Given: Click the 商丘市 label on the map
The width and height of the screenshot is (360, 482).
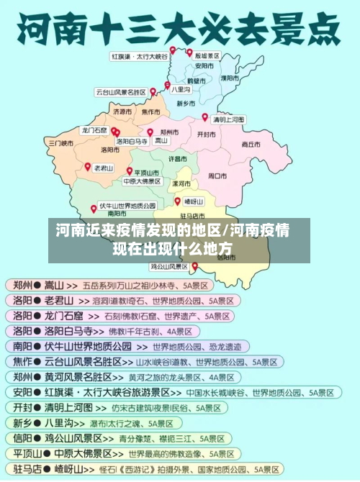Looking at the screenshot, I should pos(251,144).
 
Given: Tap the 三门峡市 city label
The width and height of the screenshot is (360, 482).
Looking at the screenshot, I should pos(60,143).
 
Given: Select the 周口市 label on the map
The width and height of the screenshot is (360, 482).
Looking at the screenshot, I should pos(217,175).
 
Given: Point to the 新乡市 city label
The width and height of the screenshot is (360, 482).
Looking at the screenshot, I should pos(186,104).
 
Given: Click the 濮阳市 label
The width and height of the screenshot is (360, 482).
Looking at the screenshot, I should pos(231,77).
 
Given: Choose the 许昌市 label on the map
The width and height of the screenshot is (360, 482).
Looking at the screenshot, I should pos(177,158).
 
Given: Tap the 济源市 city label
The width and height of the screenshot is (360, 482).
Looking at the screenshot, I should pos(123,112).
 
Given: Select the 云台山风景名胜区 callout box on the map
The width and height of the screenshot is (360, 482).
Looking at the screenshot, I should pos(120,92).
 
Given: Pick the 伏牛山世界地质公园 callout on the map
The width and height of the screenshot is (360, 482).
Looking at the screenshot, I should pos(127,205).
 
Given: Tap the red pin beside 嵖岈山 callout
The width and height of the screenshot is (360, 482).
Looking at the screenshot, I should pos(177,201).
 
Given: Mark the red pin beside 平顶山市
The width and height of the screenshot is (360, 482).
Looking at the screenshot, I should pos(130,171).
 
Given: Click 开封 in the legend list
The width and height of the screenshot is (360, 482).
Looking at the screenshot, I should pos(22,408).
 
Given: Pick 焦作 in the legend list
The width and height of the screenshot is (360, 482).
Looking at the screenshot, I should pos(22,362).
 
